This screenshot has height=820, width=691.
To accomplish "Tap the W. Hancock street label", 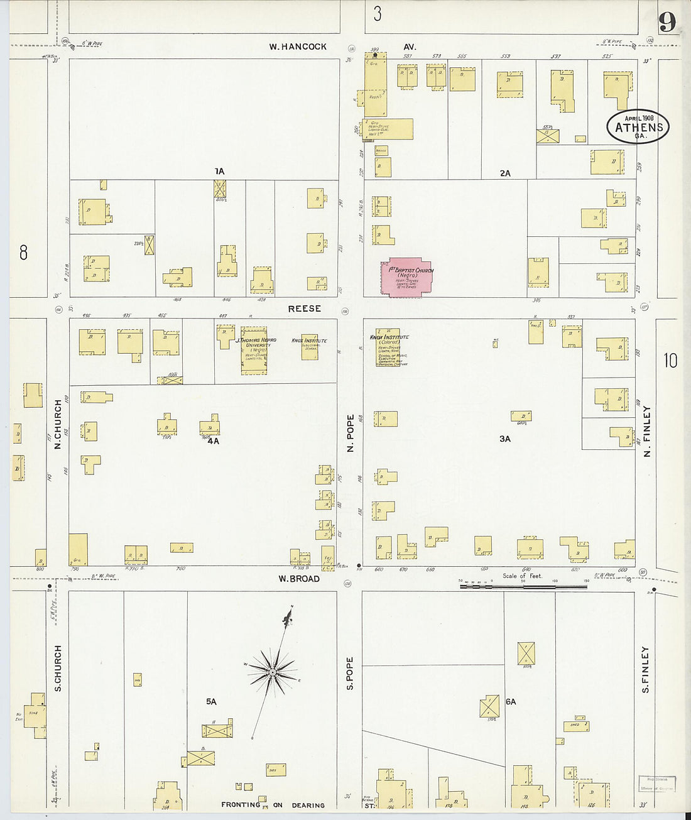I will tap(298, 46).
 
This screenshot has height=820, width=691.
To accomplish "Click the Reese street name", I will tap(305, 309).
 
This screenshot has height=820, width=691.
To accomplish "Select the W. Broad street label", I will tap(299, 579).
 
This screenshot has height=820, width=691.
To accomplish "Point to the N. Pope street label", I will tap(351, 433).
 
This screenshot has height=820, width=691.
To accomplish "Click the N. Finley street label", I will tap(646, 431).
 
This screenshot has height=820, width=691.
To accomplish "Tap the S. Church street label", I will tap(58, 668).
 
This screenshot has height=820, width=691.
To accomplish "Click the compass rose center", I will tap(273, 673).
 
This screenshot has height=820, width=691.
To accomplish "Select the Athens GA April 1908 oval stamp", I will tap(638, 127).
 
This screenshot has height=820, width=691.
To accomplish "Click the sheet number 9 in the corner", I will tap(667, 23).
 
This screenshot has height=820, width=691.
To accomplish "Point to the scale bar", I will tap(523, 586).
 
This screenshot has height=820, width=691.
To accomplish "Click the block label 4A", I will tap(213, 441).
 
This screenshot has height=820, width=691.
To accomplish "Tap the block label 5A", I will tap(211, 701).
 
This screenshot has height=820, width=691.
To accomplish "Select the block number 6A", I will tap(510, 701).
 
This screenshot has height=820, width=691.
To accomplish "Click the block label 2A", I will tap(505, 173).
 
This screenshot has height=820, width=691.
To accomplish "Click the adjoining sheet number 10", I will tap(670, 360).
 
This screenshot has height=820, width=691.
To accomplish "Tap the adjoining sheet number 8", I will tap(23, 253).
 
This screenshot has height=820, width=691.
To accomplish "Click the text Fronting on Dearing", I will tap(273, 805).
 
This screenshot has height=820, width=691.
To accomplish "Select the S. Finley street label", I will tap(645, 670).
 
